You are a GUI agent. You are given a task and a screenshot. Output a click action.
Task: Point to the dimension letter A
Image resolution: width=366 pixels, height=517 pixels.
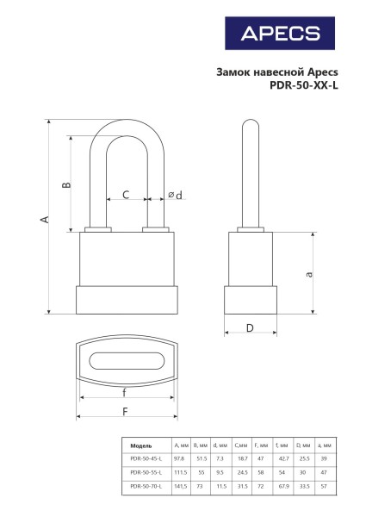pyautogui.click(x=44, y=220)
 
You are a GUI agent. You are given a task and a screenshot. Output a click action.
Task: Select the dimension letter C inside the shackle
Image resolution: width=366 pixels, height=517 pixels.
pyautogui.click(x=125, y=196)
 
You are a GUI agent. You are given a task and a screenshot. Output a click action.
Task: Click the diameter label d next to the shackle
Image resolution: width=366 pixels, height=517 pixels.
pyautogui.click(x=175, y=196)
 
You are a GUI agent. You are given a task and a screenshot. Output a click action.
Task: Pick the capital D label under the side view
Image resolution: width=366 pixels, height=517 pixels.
pyautogui.click(x=249, y=327)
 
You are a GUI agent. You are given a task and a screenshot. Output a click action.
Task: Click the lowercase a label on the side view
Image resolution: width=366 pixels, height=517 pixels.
pyautogui.click(x=307, y=273)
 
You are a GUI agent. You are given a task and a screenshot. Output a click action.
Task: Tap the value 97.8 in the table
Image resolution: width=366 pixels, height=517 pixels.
pyautogui.click(x=179, y=459)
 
